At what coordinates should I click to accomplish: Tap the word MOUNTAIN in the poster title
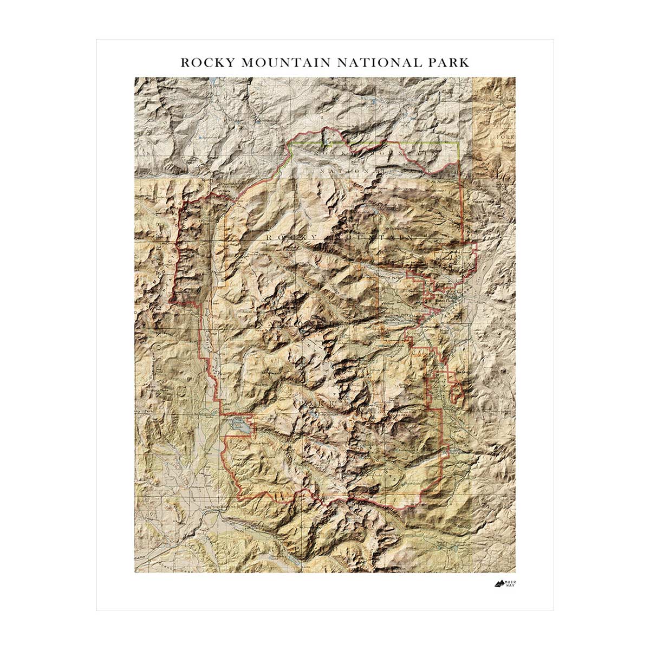(285, 62)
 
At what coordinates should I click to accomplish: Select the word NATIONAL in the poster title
(378, 62)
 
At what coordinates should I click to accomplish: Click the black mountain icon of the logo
(499, 583)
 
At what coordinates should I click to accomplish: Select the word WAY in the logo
(510, 586)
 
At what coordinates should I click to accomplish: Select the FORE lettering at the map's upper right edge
(506, 137)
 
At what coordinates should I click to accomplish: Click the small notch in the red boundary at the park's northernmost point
(327, 138)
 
